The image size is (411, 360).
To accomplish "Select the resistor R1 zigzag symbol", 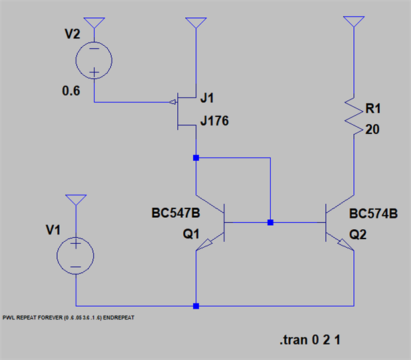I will click(x=353, y=116).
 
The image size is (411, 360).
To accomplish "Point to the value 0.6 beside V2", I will click(x=71, y=92).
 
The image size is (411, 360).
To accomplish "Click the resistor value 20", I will click(x=372, y=130).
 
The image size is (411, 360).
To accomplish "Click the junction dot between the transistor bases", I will click(x=270, y=223).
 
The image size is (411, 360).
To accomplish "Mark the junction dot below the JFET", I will click(x=196, y=158).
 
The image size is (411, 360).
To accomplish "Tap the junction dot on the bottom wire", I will click(x=196, y=306).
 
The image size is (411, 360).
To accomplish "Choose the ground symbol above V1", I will click(x=76, y=200).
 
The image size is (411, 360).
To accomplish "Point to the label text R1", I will click(x=374, y=108).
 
